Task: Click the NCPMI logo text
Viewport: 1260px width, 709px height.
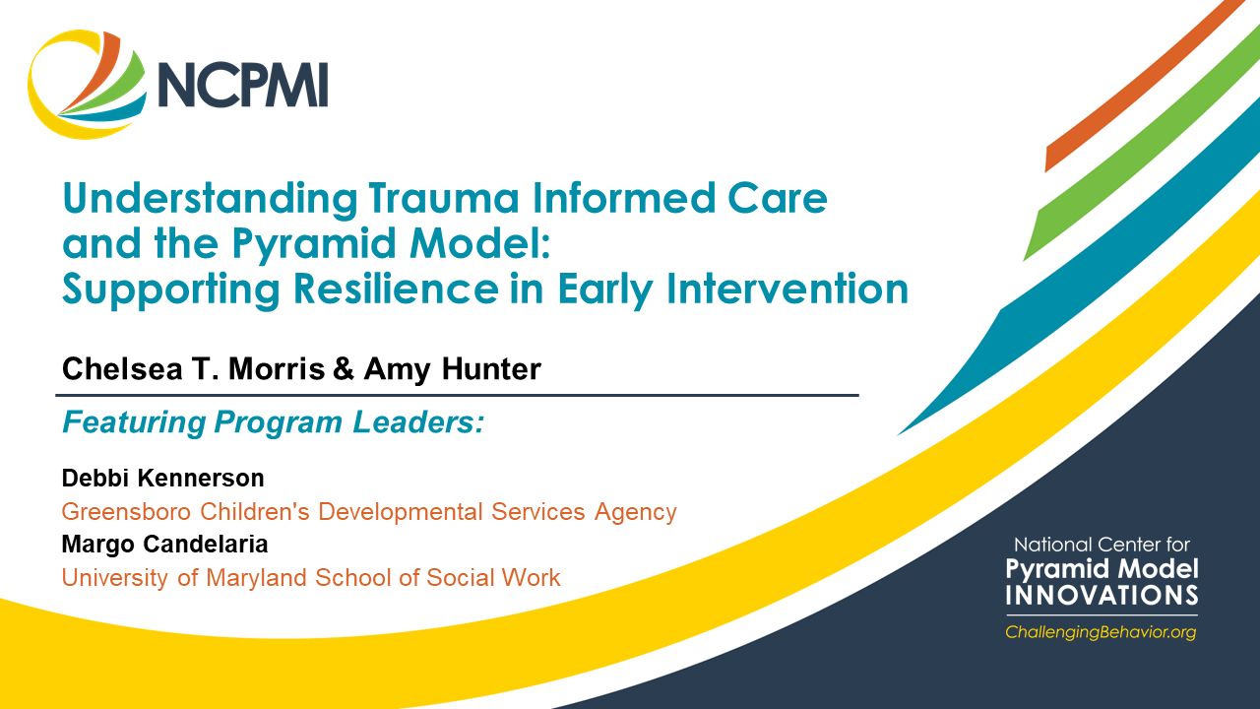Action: point(243,85)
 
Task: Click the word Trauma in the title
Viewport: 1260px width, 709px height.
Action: point(443,199)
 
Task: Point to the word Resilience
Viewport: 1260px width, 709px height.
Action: point(396,289)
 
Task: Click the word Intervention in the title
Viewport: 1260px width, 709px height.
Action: point(787,289)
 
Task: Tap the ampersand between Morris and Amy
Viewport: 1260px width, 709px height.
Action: point(344,369)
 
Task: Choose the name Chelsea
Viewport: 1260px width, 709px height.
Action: point(122,369)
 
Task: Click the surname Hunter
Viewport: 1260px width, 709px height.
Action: point(491,369)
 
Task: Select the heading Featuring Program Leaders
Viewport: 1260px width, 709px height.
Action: point(274,422)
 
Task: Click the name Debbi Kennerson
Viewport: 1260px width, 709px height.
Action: point(163,479)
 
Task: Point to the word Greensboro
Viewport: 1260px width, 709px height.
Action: point(127,512)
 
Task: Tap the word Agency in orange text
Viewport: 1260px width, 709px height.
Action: point(636,513)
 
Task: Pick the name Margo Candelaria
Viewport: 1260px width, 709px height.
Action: point(164,545)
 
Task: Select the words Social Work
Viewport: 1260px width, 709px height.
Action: point(493,578)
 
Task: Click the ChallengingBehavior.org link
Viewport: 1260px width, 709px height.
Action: point(1101,632)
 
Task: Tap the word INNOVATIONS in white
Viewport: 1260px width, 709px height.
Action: point(1102,596)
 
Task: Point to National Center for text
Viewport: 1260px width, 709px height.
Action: point(1102,545)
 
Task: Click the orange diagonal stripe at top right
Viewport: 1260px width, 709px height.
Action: point(1142,85)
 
